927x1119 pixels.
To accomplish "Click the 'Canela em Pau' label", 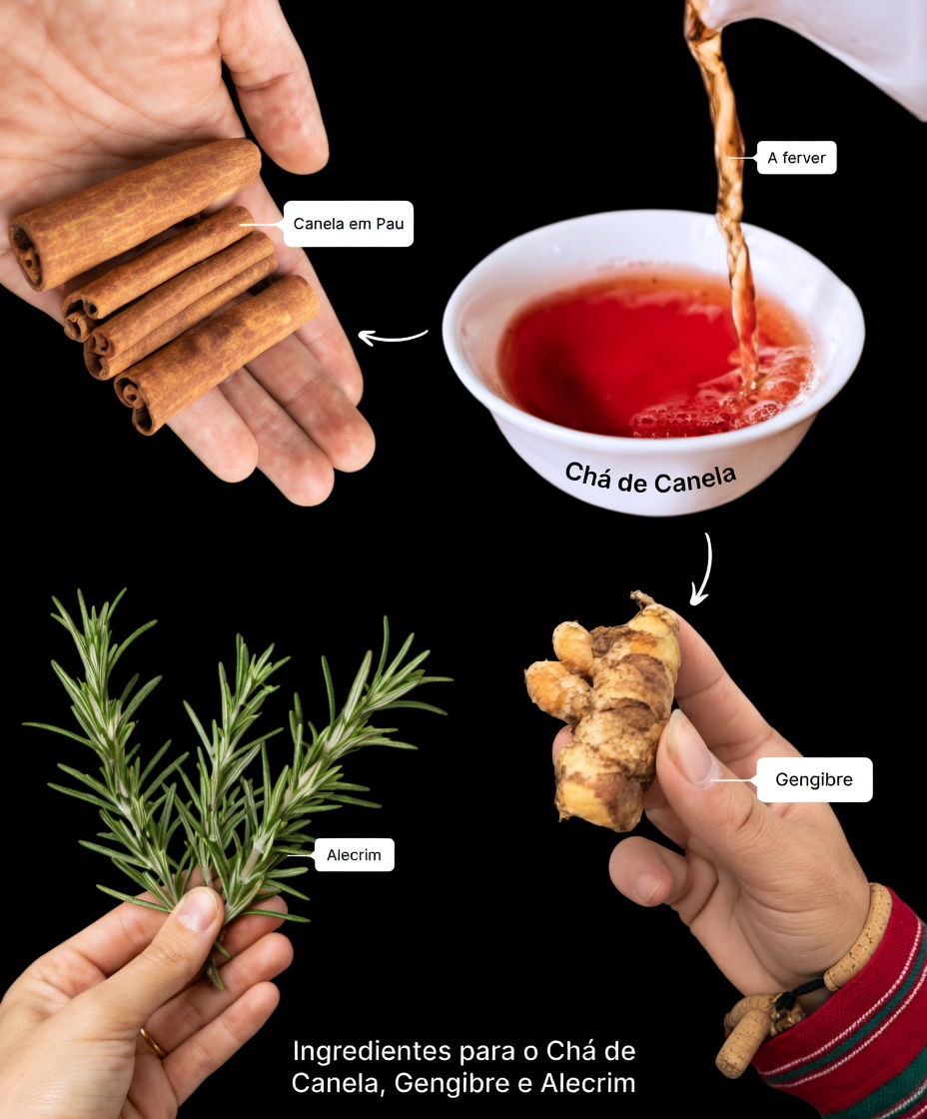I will (x=348, y=224).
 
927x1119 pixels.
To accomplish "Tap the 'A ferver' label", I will (x=795, y=158).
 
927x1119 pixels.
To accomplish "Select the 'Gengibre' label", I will (x=813, y=779).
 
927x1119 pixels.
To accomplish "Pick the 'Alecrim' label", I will (x=354, y=855).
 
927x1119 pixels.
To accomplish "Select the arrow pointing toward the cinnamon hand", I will (x=392, y=337).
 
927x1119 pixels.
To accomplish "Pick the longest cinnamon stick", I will (x=135, y=213).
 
